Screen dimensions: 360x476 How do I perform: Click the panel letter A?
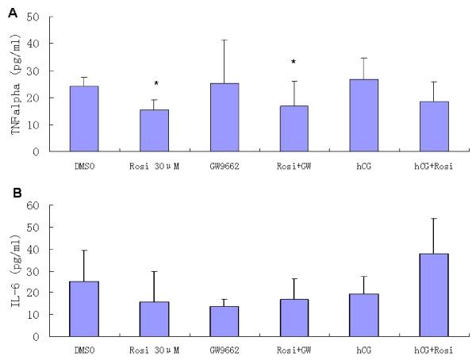coord(7,7)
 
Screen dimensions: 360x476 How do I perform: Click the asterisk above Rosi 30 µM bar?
coord(155,83)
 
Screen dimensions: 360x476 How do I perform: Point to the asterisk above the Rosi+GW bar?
coord(294,62)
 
